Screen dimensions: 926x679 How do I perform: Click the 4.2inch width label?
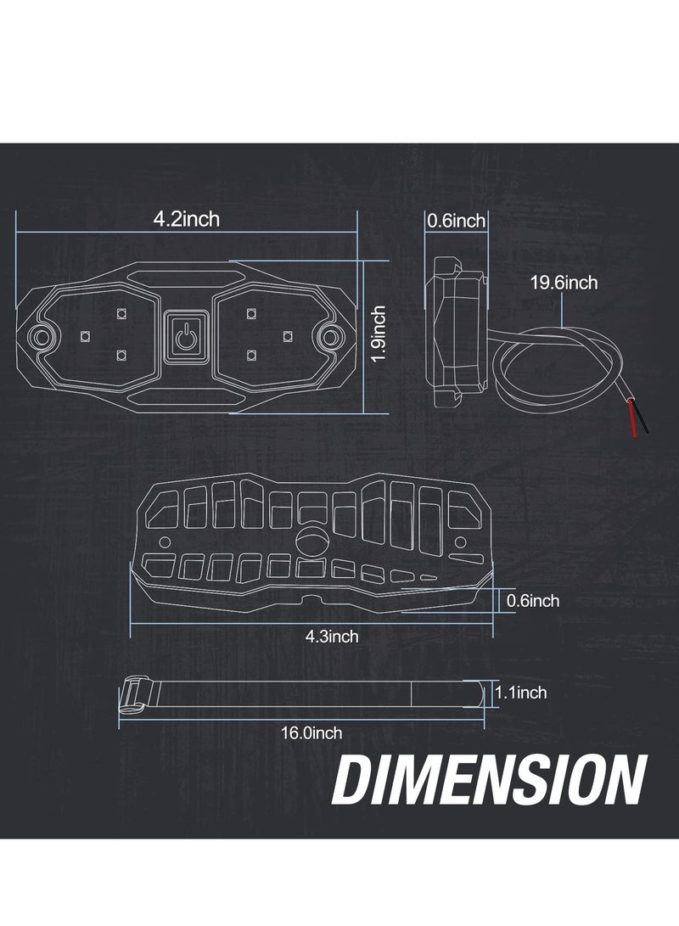coord(186,219)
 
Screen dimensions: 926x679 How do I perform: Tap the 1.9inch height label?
coord(379,334)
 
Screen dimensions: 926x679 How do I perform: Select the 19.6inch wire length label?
coord(564,283)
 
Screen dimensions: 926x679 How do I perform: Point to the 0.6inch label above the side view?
coord(456,222)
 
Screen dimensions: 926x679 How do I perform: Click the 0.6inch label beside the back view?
coord(532,601)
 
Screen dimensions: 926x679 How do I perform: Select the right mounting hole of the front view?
coord(328,337)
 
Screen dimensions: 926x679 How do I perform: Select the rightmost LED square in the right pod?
coord(288,334)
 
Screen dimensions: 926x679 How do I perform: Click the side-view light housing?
coord(456,331)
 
